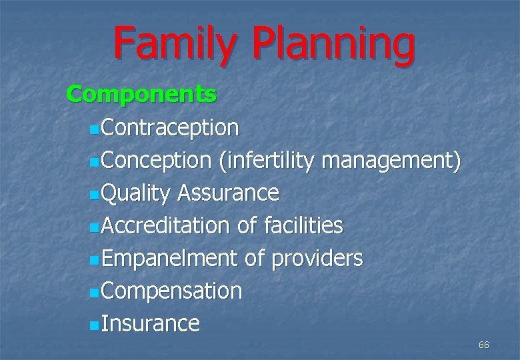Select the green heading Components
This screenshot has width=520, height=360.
click(141, 95)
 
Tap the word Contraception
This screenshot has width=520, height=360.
click(171, 127)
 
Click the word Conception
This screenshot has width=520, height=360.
click(157, 160)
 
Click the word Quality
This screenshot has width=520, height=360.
click(137, 193)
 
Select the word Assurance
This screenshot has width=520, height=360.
click(228, 193)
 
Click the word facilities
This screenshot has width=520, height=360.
click(303, 226)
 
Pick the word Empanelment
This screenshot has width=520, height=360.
click(170, 259)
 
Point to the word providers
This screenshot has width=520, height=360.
click(317, 259)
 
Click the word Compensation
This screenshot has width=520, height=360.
click(172, 291)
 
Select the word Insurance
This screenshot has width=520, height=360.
click(151, 324)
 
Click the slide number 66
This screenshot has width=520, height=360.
click(483, 345)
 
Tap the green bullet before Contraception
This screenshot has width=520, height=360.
click(93, 128)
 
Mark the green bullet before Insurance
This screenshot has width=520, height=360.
click(93, 325)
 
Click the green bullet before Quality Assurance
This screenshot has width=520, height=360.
click(93, 194)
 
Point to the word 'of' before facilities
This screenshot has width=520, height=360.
click(247, 226)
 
